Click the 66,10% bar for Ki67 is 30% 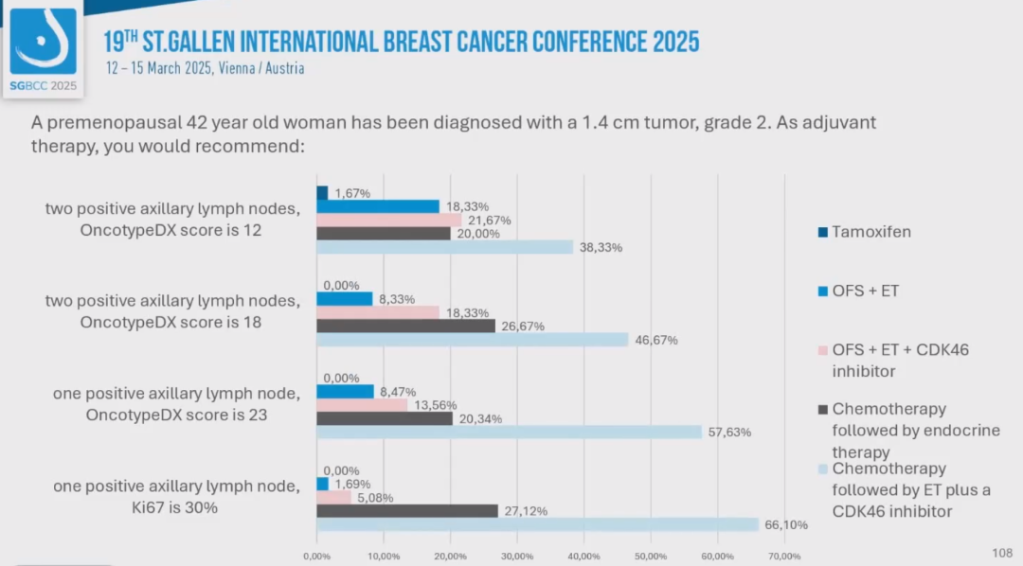pyautogui.click(x=537, y=524)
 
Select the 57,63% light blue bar pyautogui.click(x=509, y=432)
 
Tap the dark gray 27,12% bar pyautogui.click(x=406, y=511)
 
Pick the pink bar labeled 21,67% pyautogui.click(x=388, y=220)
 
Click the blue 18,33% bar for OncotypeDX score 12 pyautogui.click(x=377, y=206)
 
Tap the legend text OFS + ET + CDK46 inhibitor pyautogui.click(x=900, y=361)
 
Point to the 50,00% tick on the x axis pyautogui.click(x=651, y=557)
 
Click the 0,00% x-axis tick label pyautogui.click(x=316, y=557)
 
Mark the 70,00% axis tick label pyautogui.click(x=784, y=557)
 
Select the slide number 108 pyautogui.click(x=1001, y=552)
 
